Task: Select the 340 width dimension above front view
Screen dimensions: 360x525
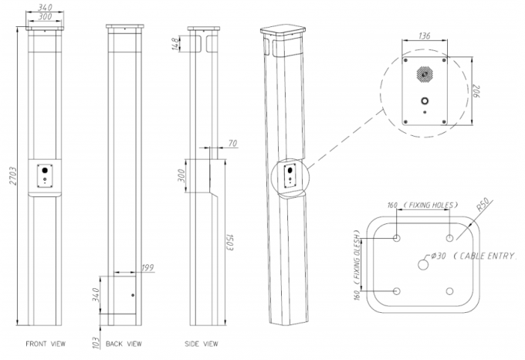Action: coord(44,6)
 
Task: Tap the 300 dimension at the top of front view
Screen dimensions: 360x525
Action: coord(44,16)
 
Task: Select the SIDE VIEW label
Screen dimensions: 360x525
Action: coord(202,342)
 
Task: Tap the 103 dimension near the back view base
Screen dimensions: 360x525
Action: coord(95,341)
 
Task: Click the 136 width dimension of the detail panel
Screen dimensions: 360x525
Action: coord(423,36)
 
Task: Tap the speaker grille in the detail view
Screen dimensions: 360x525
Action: coord(423,76)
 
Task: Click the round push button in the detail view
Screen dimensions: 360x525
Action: coord(423,101)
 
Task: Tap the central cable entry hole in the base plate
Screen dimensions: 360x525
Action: coord(423,263)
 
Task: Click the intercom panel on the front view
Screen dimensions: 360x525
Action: coord(44,175)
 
